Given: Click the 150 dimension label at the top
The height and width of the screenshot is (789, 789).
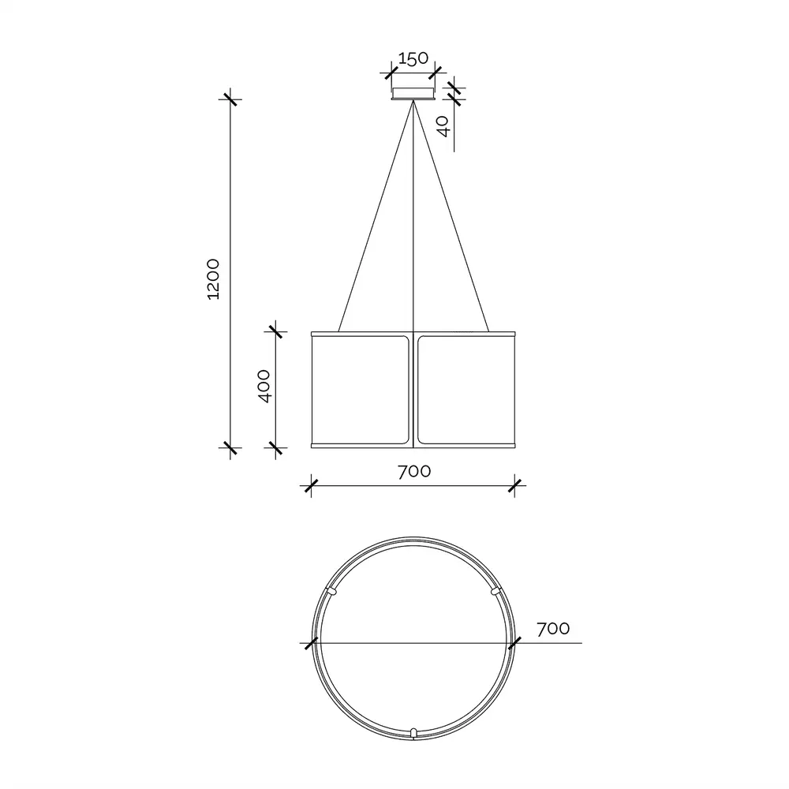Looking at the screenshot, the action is point(413,58).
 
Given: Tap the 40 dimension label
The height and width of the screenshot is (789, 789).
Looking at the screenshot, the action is point(443,126).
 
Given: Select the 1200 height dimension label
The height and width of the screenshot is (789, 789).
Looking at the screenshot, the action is point(213,279).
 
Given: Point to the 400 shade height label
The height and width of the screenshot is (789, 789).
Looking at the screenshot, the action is point(264,386).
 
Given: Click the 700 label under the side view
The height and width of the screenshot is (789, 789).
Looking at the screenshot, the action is point(414,472).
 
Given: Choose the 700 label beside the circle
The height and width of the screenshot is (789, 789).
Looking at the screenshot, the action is point(553,629).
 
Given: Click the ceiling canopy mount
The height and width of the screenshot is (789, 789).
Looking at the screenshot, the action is point(413,94).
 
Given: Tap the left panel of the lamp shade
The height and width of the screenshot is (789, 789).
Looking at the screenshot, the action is point(361,390).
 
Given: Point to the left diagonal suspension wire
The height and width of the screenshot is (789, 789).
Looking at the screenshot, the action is point(376,216).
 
